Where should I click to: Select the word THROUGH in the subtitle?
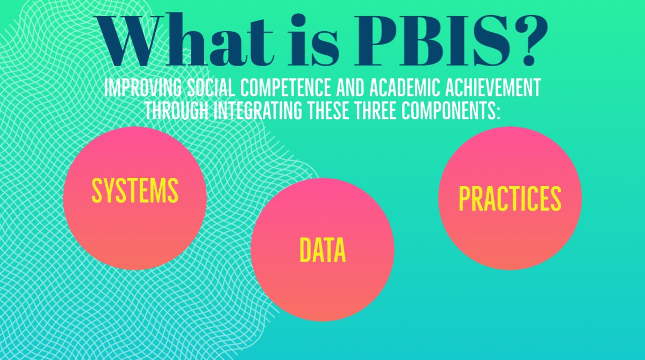[177, 110]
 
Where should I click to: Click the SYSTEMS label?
[135, 190]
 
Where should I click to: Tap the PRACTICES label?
[510, 199]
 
